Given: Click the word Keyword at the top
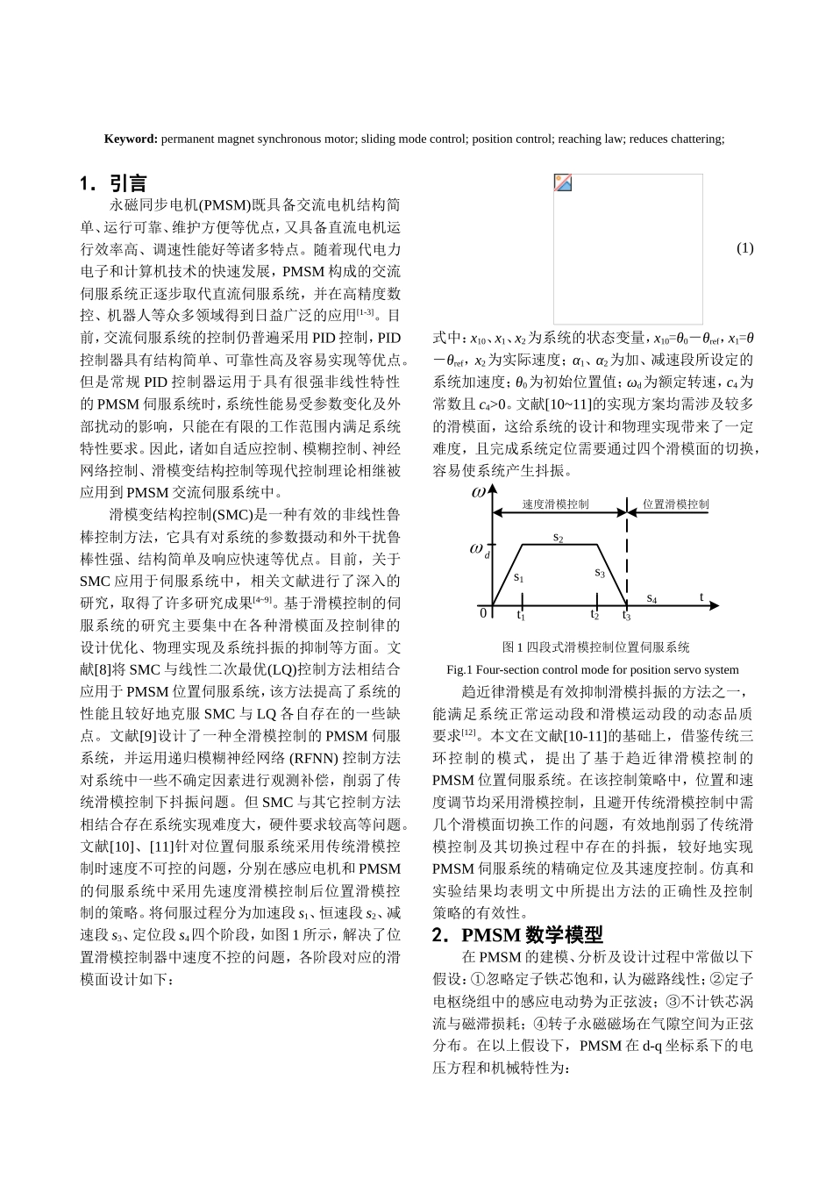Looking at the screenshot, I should pyautogui.click(x=131, y=139).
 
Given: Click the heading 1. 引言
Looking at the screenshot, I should pyautogui.click(x=113, y=183).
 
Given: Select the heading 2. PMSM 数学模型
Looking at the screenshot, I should pyautogui.click(x=517, y=935).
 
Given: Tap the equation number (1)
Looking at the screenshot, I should pyautogui.click(x=744, y=248).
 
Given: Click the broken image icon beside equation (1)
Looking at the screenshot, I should pyautogui.click(x=563, y=182).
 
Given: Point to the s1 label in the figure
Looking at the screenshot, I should pyautogui.click(x=519, y=577).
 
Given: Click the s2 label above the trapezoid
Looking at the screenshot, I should pyautogui.click(x=559, y=537).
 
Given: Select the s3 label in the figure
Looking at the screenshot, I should pyautogui.click(x=600, y=573).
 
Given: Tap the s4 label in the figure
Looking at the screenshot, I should pyautogui.click(x=651, y=598).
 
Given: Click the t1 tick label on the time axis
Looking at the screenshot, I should pyautogui.click(x=521, y=616).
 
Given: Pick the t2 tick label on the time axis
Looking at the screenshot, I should pyautogui.click(x=594, y=615).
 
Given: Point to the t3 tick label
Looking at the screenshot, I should pyautogui.click(x=626, y=616).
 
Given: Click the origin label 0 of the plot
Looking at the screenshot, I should pyautogui.click(x=482, y=613).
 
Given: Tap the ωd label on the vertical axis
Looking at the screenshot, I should pyautogui.click(x=480, y=550).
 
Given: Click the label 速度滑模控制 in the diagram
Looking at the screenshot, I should pyautogui.click(x=555, y=504).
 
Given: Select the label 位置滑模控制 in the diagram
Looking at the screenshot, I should pyautogui.click(x=675, y=504).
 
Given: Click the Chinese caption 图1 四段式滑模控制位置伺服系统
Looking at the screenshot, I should pyautogui.click(x=595, y=647).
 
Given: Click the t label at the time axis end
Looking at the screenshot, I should pyautogui.click(x=701, y=597).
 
